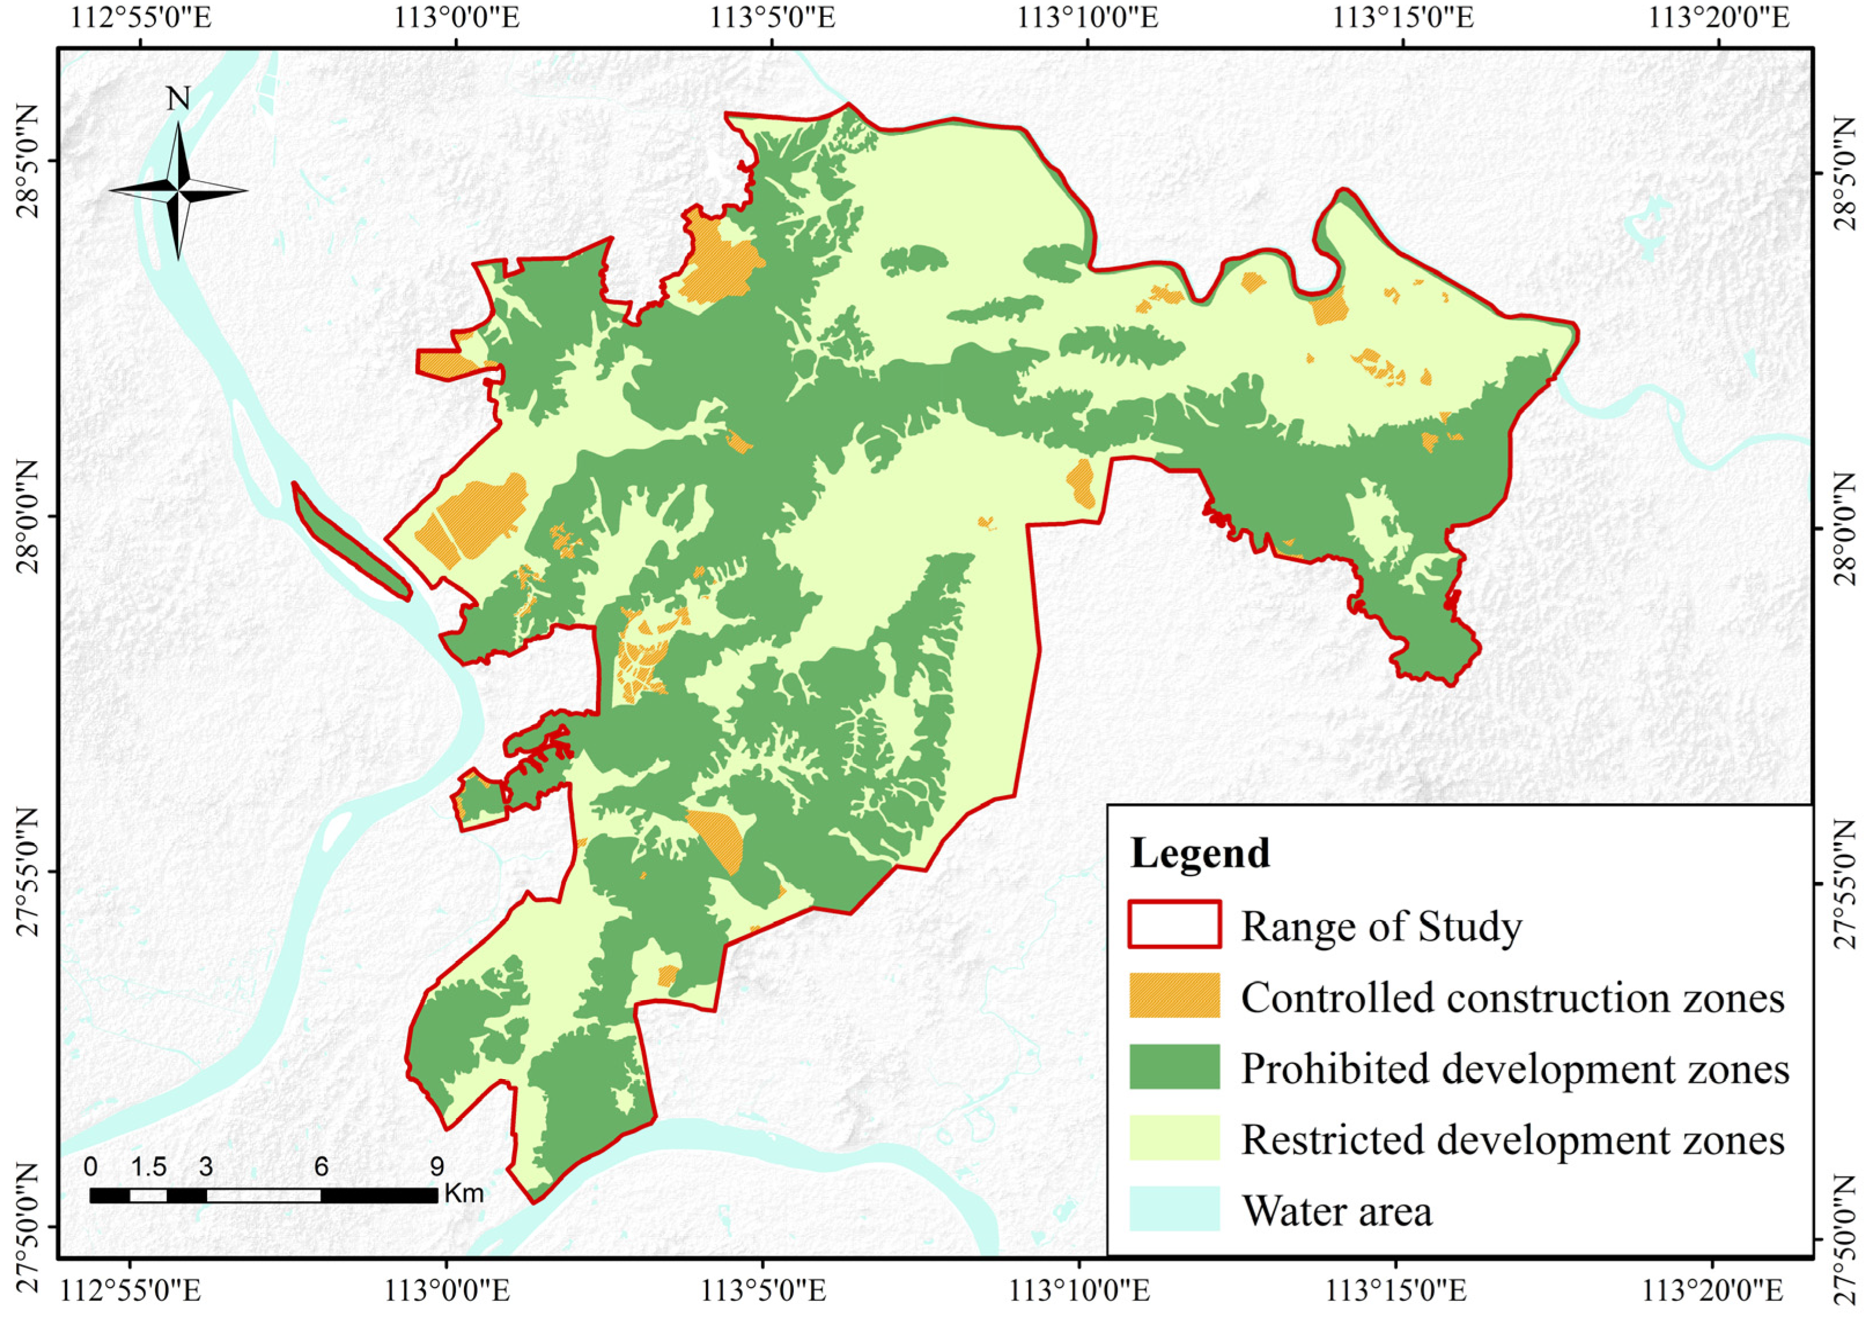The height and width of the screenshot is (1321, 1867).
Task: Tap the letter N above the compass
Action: click(178, 98)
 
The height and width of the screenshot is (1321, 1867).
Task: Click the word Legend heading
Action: click(1199, 853)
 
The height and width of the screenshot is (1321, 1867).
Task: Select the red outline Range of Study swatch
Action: click(1174, 925)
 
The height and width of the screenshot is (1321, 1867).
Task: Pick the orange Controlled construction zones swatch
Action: click(1174, 995)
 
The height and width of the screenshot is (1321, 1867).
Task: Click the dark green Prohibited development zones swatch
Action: click(1174, 1066)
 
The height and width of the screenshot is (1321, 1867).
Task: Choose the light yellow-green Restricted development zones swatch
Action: click(1174, 1137)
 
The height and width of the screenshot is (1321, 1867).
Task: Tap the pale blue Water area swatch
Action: click(1174, 1209)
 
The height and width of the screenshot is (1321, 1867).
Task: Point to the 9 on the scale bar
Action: click(437, 1167)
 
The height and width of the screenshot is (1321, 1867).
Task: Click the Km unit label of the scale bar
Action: click(463, 1194)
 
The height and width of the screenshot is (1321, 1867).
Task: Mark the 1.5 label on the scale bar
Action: click(149, 1167)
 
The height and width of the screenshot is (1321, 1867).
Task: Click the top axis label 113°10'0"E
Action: click(1088, 18)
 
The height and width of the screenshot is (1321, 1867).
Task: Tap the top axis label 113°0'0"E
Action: click(458, 18)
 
